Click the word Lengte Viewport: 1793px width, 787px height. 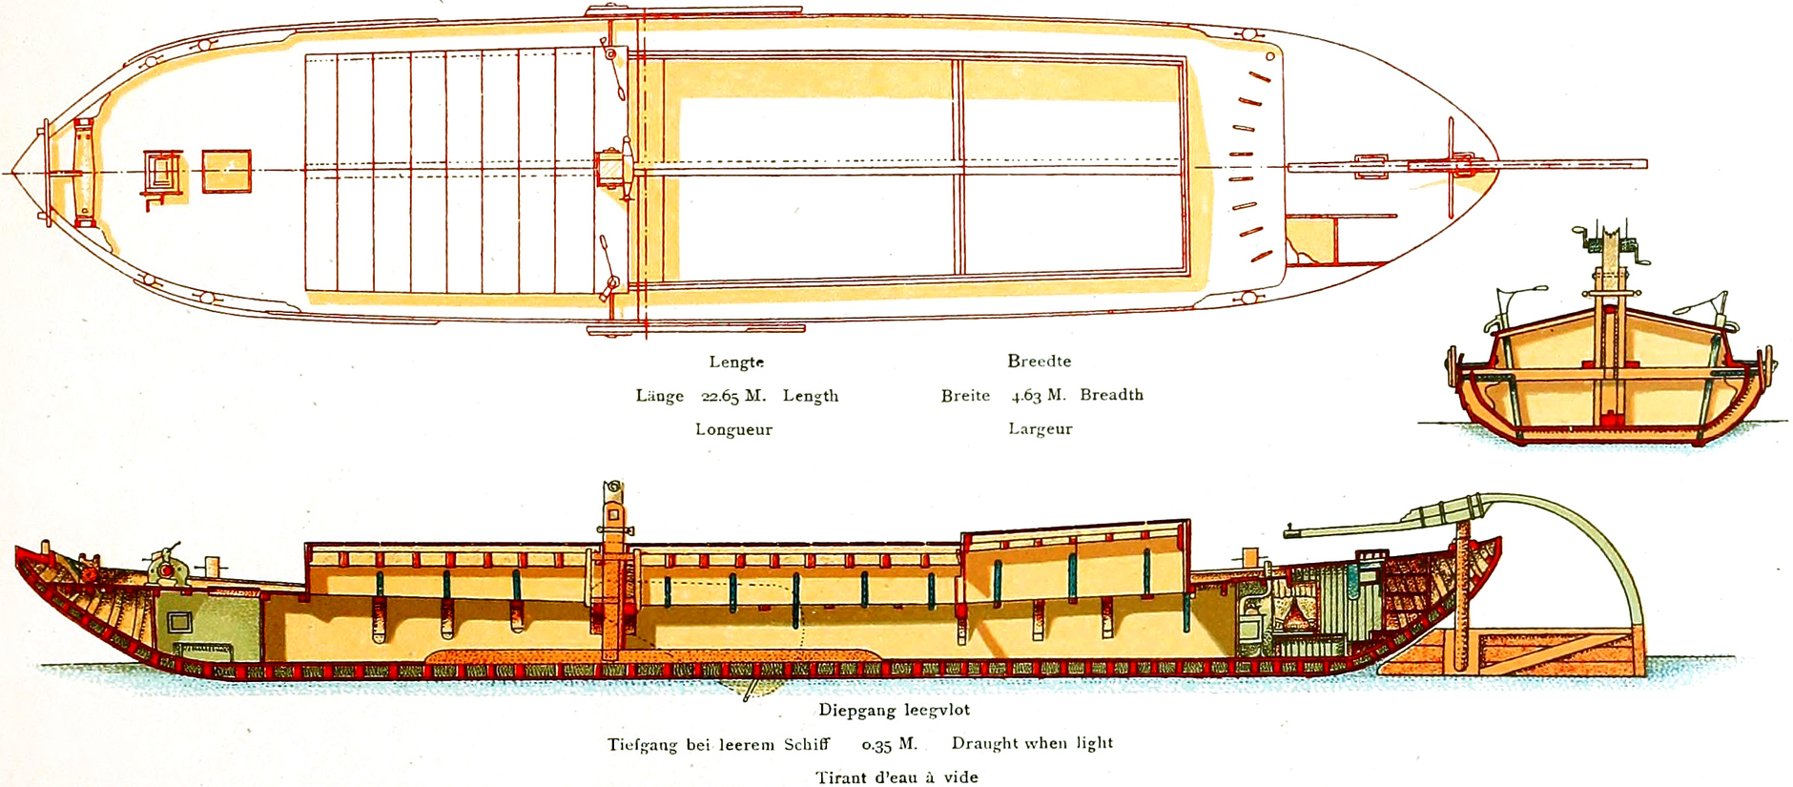coord(736,362)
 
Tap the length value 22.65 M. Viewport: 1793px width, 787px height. coord(733,396)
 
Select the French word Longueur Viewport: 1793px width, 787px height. coord(733,429)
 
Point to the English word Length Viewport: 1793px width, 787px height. coord(811,396)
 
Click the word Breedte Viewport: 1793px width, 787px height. coord(1040,362)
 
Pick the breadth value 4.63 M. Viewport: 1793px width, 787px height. coord(1039,395)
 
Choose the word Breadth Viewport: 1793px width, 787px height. coord(1111,395)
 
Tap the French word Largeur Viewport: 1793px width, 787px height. coord(1041,429)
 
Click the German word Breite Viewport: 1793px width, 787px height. coord(965,396)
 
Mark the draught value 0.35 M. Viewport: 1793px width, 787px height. coord(889,744)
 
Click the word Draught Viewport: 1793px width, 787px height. coord(984,743)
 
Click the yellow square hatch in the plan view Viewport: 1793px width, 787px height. coord(227,172)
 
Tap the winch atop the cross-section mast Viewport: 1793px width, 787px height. coord(1612,243)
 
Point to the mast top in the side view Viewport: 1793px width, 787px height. coord(613,488)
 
